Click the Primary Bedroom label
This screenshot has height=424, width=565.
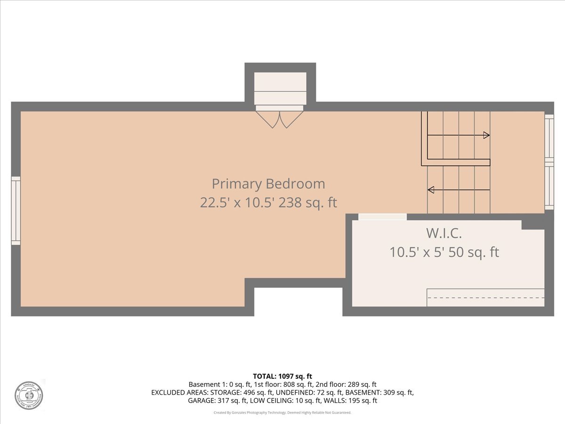point(268,183)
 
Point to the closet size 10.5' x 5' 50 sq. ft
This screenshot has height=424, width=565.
point(444,253)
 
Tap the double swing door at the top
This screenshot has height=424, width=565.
point(280,119)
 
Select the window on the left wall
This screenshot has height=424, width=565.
point(16,211)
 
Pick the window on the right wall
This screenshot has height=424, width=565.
point(549,162)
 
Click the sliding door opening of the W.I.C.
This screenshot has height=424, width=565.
point(382,217)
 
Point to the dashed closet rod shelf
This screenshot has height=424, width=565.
point(485,297)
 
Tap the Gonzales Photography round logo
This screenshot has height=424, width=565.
point(29,395)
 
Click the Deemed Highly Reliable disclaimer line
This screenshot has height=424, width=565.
point(282,413)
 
